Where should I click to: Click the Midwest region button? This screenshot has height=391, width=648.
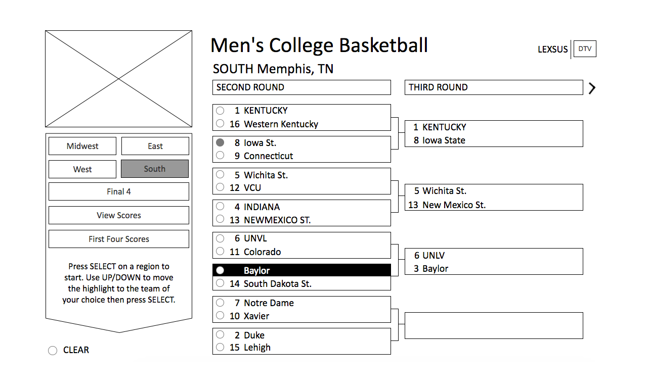tap(82, 146)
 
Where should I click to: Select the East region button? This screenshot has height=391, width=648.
tap(155, 146)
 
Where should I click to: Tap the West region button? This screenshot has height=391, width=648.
tap(82, 169)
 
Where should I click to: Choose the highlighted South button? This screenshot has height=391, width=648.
tap(155, 169)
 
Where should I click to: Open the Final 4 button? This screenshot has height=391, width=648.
tap(119, 191)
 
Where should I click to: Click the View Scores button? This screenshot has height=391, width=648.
tap(119, 215)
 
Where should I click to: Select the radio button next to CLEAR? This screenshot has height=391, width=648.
tap(53, 351)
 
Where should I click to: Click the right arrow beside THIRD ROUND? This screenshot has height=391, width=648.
tap(592, 88)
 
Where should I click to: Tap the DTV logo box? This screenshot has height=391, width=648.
tap(585, 49)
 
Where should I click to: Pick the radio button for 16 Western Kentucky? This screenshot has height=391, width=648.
tap(220, 124)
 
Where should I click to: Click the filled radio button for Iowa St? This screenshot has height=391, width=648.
tap(220, 142)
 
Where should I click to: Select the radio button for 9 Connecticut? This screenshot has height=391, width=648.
tap(220, 156)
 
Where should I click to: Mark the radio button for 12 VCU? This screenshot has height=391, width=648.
tap(220, 187)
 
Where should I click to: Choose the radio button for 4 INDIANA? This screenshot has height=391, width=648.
tap(220, 206)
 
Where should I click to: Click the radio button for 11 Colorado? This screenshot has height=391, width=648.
tap(220, 252)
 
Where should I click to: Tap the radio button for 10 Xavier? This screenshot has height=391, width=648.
tap(220, 316)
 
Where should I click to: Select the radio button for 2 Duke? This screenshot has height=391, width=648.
tap(220, 334)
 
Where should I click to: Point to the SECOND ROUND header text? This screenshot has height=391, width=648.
tap(250, 87)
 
